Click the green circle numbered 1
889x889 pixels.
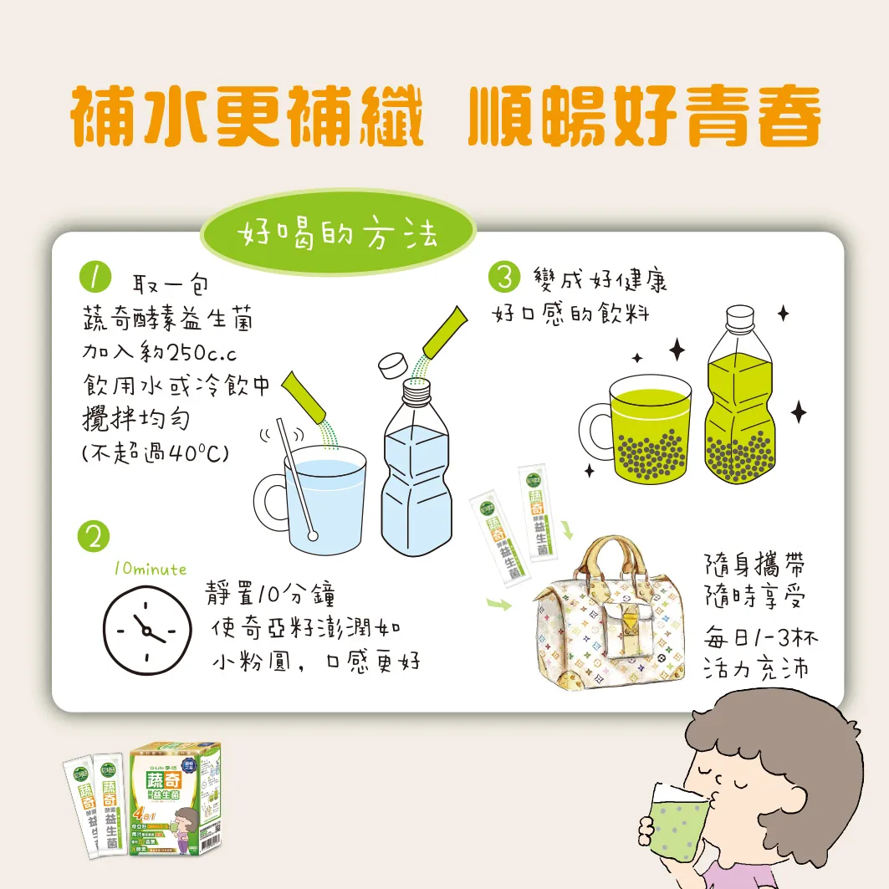(x=95, y=278)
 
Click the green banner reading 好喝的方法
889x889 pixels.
(x=337, y=235)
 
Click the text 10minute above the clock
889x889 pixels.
(x=151, y=569)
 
